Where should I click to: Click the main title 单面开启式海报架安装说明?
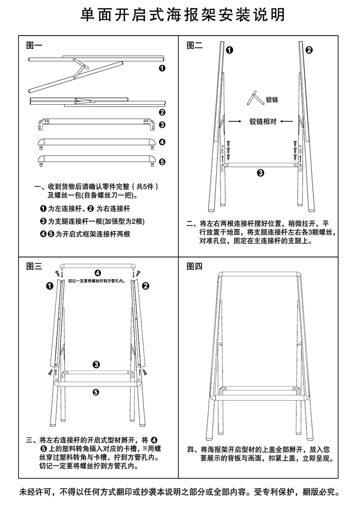coord(180,15)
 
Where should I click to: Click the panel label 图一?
coord(34,45)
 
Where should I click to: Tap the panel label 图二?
coord(194,45)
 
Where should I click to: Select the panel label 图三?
coord(34,266)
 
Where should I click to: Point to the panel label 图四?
coord(194,266)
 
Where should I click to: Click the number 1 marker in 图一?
coord(162,69)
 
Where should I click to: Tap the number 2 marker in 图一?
coord(162,112)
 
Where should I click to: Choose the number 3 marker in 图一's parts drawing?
coord(162,125)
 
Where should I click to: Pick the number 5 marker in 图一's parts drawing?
coord(162,162)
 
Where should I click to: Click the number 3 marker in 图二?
coord(260,173)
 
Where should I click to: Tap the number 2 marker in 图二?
coord(309,50)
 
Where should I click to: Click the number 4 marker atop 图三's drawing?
coord(97,272)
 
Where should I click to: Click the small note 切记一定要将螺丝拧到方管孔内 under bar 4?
coord(97,280)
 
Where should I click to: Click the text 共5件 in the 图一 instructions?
coord(145,186)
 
